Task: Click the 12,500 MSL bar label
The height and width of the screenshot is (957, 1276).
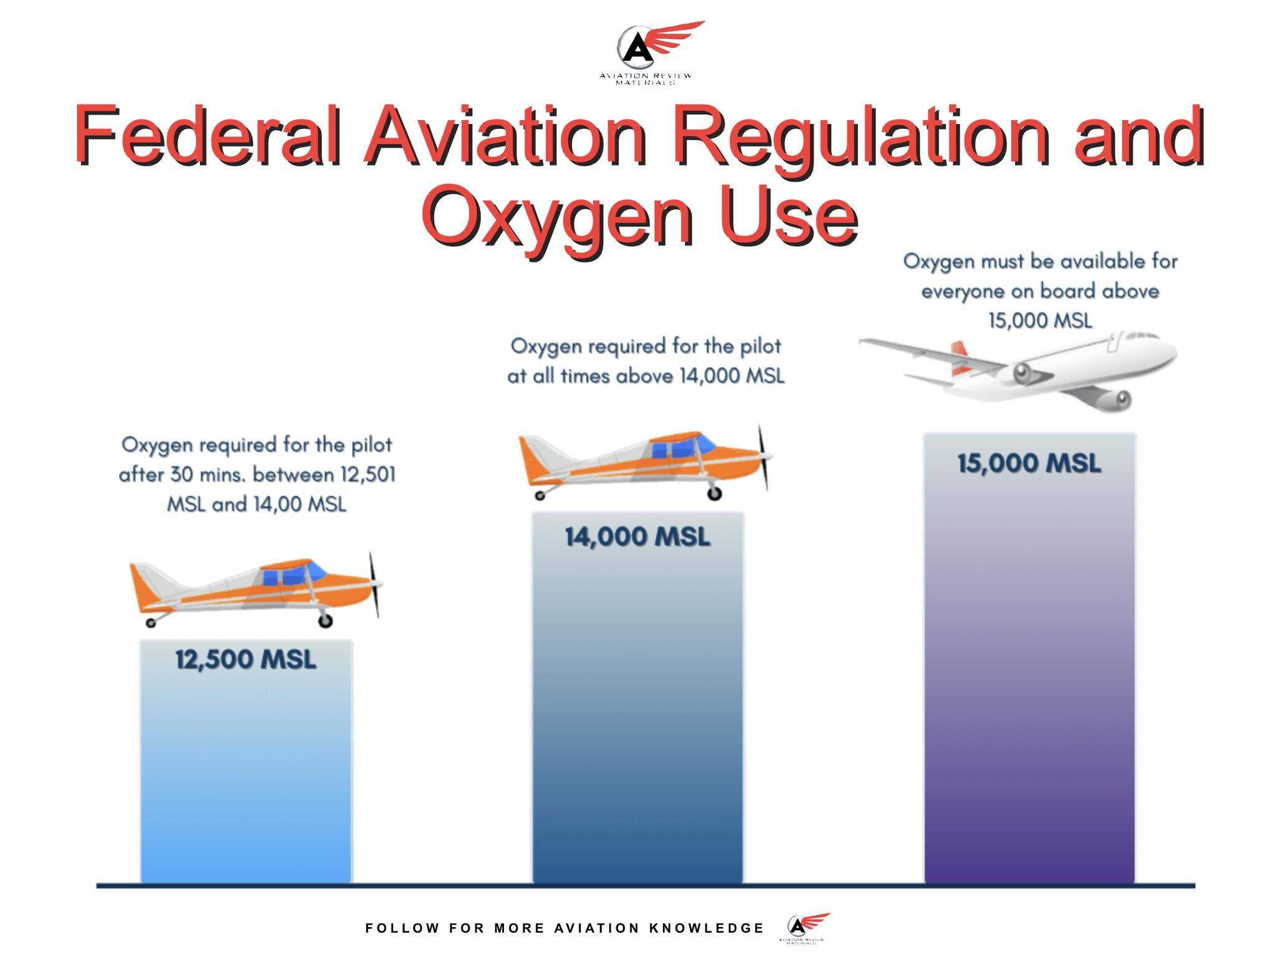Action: [x=245, y=659]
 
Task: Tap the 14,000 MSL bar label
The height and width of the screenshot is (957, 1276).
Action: [x=637, y=536]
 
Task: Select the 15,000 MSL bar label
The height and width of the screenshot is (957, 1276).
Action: [x=1029, y=464]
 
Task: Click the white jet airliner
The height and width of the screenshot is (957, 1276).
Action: [x=1018, y=370]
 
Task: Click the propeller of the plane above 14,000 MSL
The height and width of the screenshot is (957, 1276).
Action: [x=764, y=458]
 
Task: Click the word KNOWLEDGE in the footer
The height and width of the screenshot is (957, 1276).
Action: [x=707, y=928]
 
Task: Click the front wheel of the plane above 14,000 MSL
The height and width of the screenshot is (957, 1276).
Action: [x=714, y=493]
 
